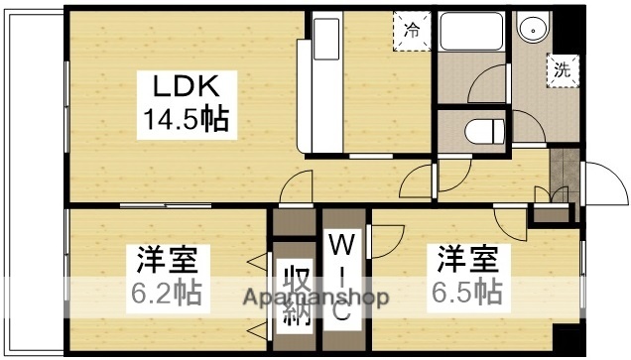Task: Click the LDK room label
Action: pyautogui.click(x=181, y=85)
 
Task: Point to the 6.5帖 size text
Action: pyautogui.click(x=465, y=293)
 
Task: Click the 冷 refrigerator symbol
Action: pyautogui.click(x=412, y=29)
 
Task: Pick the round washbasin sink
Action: pyautogui.click(x=537, y=29)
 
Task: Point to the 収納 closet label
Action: pyautogui.click(x=295, y=296)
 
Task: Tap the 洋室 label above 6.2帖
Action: pyautogui.click(x=168, y=262)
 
